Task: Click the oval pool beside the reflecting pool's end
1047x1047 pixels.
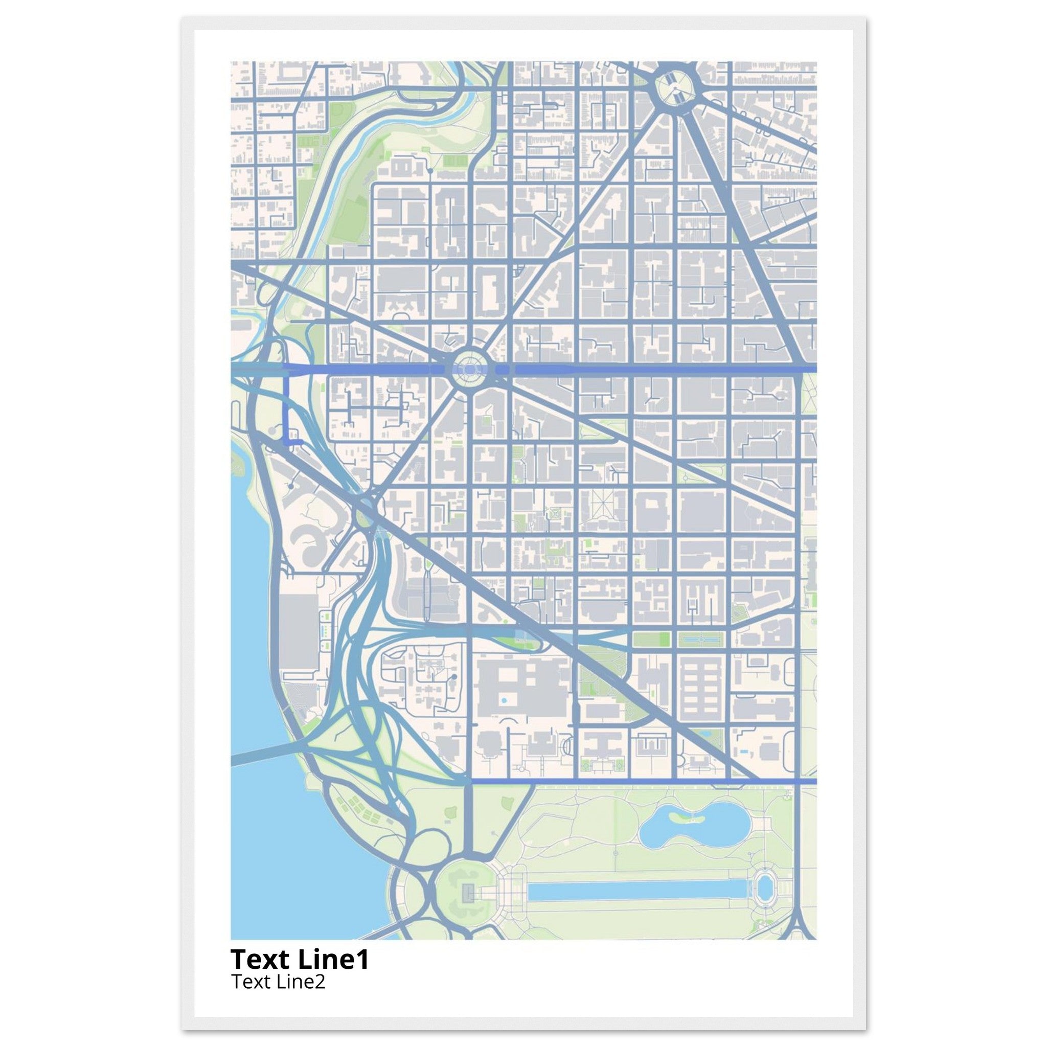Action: pos(765,887)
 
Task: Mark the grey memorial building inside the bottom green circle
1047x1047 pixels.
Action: pos(467,893)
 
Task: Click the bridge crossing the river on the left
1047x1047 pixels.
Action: pos(265,752)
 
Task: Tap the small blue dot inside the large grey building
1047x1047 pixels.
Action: pos(504,701)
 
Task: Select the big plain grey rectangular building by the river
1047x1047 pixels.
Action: pos(299,631)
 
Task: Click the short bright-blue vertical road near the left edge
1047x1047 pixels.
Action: pos(286,409)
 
